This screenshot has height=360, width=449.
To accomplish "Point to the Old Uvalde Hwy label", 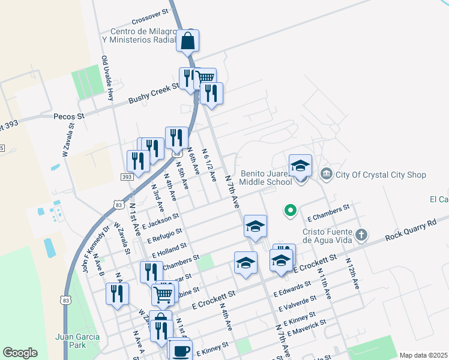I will [107, 79].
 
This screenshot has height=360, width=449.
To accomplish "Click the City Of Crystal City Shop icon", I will [326, 175].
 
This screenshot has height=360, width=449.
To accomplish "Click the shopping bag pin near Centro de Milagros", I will [187, 41].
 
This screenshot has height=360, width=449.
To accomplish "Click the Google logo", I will [20, 353].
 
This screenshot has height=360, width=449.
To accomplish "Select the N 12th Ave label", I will [352, 274].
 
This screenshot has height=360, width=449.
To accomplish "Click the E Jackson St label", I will [160, 221].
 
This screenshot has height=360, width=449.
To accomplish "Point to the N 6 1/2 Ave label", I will [209, 165].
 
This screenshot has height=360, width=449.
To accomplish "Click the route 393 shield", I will [126, 177].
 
